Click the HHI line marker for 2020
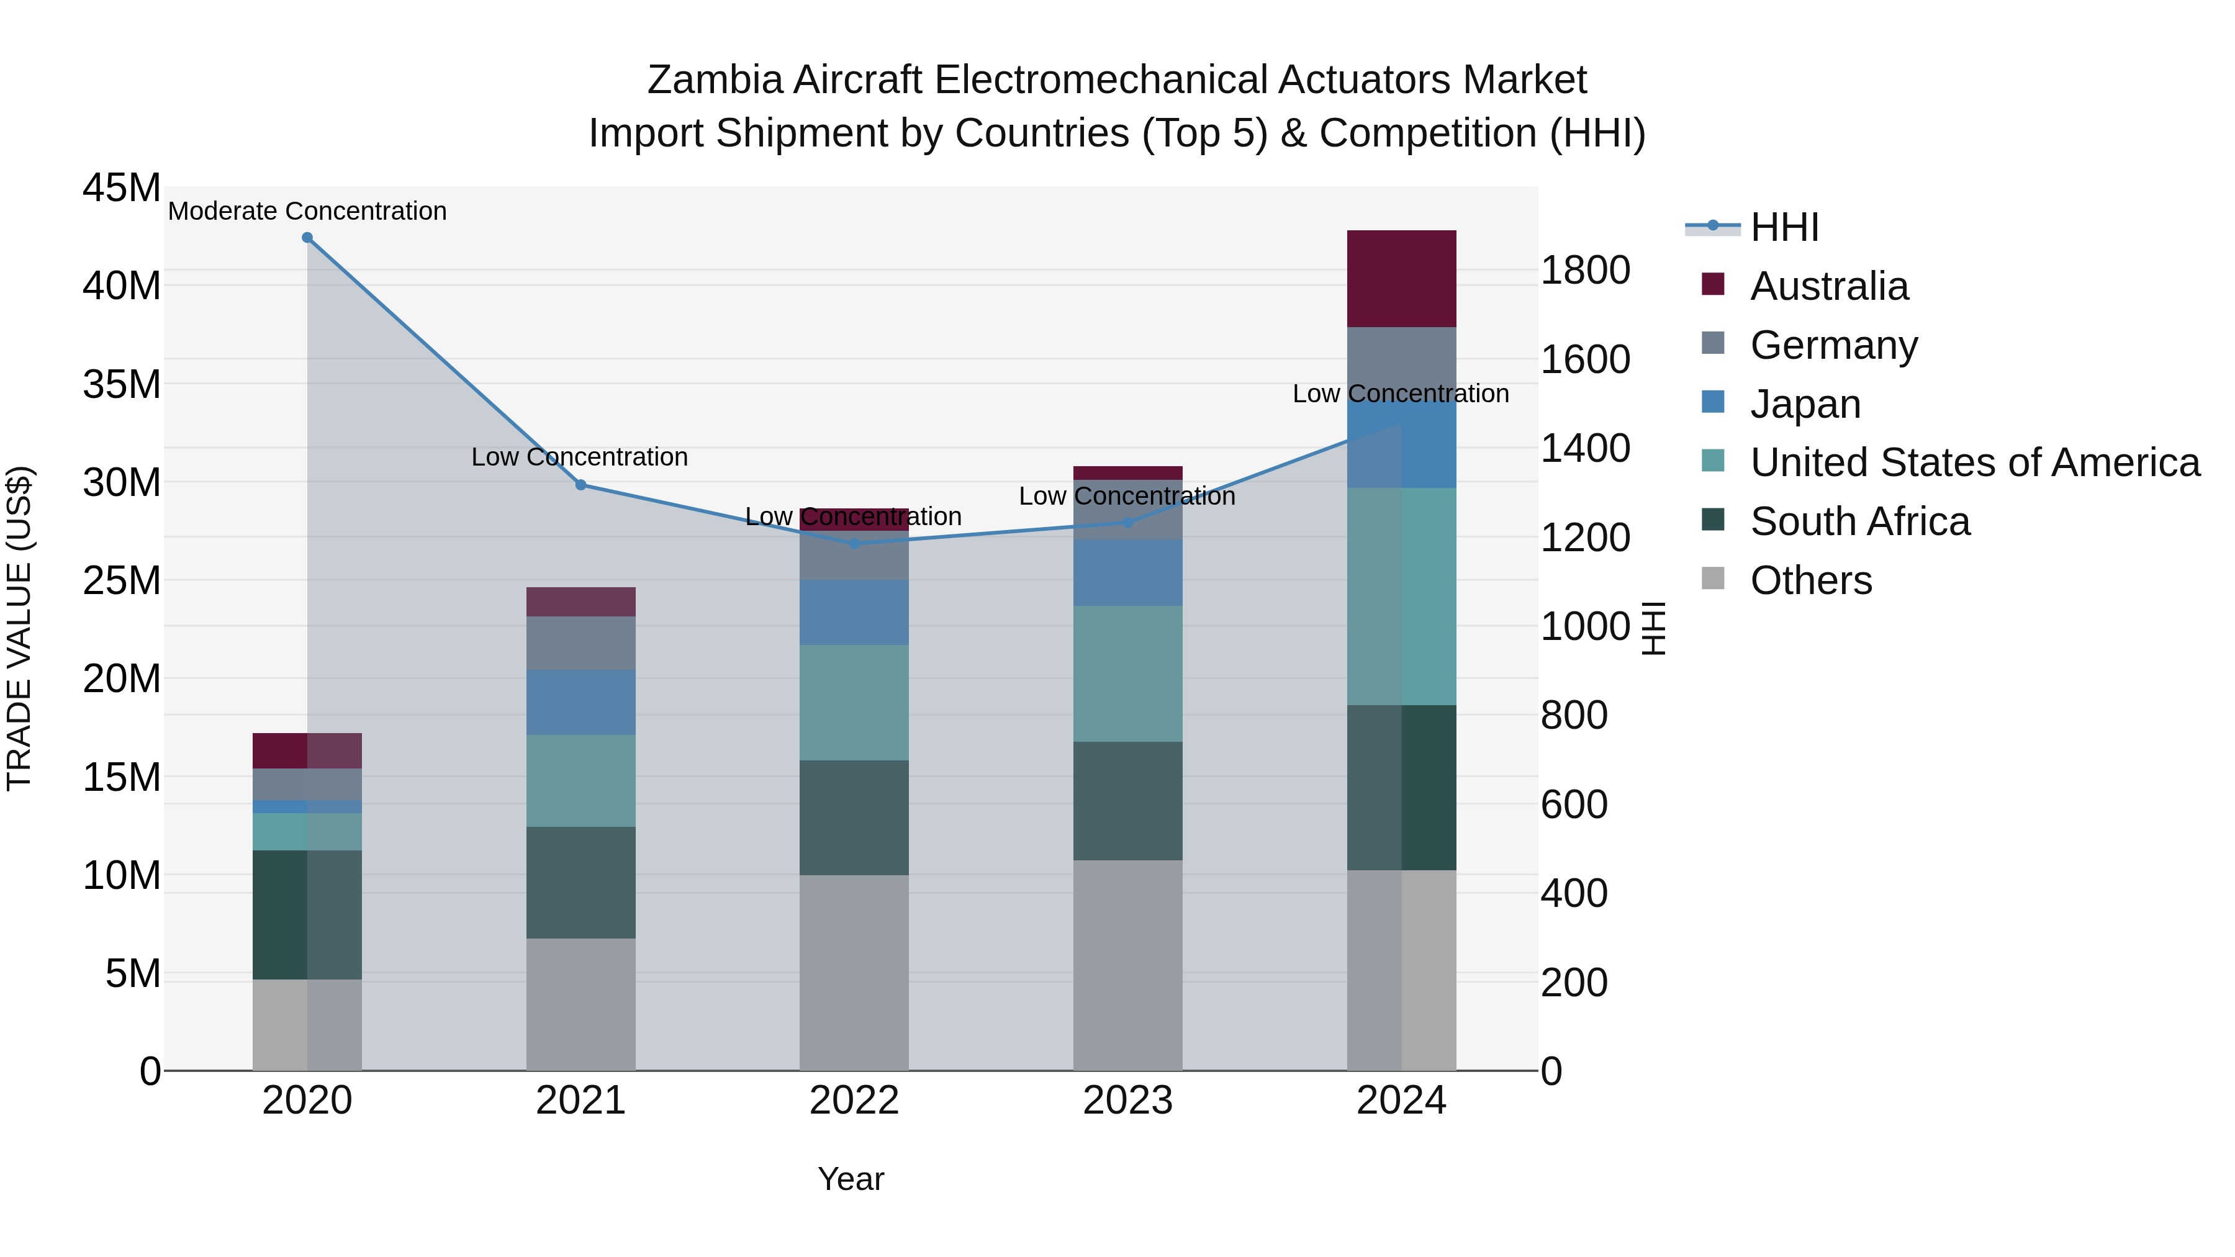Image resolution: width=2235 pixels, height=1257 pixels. point(307,238)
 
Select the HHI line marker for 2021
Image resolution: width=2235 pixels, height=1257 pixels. point(581,485)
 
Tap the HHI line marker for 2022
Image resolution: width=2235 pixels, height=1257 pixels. point(854,544)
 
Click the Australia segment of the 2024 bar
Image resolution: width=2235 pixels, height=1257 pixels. point(1401,279)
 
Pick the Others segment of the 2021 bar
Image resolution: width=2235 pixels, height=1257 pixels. point(581,1004)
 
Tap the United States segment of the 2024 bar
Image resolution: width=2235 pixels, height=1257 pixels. point(1401,597)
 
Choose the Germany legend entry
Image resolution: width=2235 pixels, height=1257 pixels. point(1833,345)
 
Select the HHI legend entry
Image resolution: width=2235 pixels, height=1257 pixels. point(1784,227)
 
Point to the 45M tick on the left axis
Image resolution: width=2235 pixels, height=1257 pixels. point(122,188)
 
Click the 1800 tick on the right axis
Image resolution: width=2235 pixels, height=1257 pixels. point(1585,271)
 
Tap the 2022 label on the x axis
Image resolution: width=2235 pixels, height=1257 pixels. point(854,1101)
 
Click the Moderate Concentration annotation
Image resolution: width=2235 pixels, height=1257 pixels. point(307,211)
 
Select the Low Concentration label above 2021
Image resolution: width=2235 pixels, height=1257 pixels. point(580,457)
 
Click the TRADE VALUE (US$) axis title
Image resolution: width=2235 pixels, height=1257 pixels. point(20,628)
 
